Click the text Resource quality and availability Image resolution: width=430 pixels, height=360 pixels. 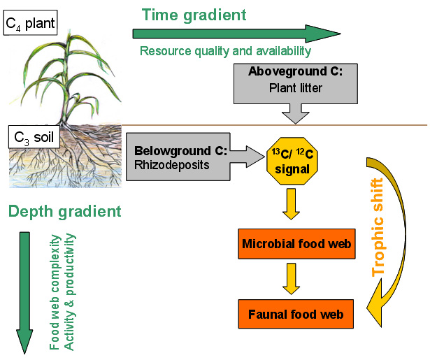tap(225, 51)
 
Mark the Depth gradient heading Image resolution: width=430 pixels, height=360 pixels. tap(65, 210)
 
